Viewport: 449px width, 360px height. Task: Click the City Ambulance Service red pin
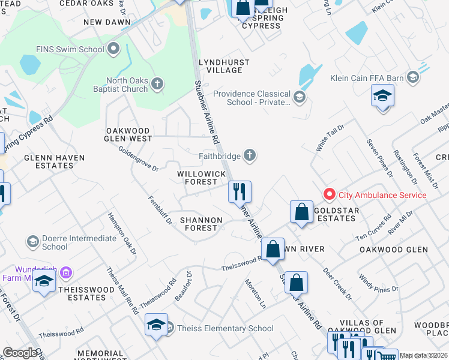pyautogui.click(x=329, y=194)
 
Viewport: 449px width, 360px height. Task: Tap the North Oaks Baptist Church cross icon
pyautogui.click(x=157, y=83)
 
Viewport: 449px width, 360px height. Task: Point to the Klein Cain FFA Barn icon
pyautogui.click(x=412, y=77)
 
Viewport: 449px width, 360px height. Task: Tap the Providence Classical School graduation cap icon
pyautogui.click(x=300, y=96)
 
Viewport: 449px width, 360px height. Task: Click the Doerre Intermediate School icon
pyautogui.click(x=33, y=242)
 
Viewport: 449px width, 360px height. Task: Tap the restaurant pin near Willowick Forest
pyautogui.click(x=239, y=192)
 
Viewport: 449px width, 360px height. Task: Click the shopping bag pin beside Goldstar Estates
pyautogui.click(x=301, y=212)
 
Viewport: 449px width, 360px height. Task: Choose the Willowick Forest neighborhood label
pyautogui.click(x=201, y=178)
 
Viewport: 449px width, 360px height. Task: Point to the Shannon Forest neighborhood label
pyautogui.click(x=199, y=224)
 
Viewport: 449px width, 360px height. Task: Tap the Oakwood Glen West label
pyautogui.click(x=129, y=134)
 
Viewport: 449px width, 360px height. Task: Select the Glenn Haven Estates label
pyautogui.click(x=48, y=161)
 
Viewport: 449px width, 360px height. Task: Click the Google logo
pyautogui.click(x=20, y=353)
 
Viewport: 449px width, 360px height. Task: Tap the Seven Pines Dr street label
pyautogui.click(x=379, y=158)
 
